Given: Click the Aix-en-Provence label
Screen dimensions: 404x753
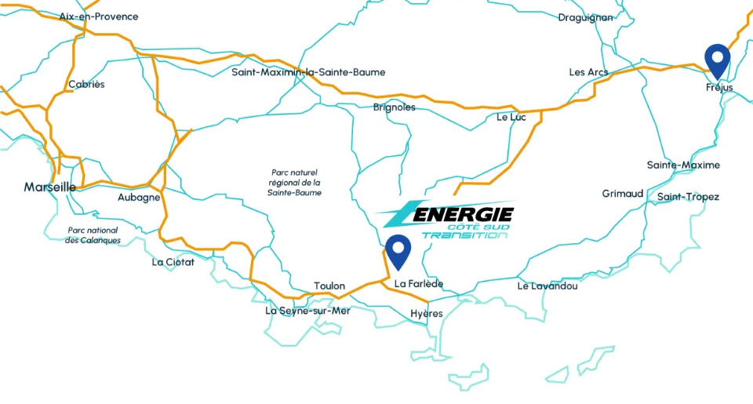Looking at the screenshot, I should coord(99,16).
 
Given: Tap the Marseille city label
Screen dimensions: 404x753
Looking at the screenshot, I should coord(49,187).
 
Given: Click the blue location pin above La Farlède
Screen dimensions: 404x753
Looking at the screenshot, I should coord(399,250).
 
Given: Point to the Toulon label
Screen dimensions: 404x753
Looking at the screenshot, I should coord(329,286).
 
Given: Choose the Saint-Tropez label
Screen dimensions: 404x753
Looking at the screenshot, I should coord(688,197).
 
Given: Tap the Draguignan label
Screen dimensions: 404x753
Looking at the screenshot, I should coord(585,17).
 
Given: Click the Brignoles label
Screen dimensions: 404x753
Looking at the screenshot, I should coord(395,107).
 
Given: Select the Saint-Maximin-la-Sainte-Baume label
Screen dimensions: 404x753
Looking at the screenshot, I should coord(308,72).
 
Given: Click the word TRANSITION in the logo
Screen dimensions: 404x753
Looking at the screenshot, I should coord(464,235).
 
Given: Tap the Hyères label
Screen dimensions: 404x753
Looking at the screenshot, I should coord(427,314).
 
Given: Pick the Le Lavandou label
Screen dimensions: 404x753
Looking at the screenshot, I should coord(547,286).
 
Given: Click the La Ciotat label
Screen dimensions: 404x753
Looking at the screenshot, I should coord(173,262).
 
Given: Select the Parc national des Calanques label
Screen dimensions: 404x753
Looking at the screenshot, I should coord(93,235).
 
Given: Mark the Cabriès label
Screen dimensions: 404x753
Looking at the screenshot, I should coord(86,84).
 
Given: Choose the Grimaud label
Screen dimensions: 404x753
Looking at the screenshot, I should coord(623,193).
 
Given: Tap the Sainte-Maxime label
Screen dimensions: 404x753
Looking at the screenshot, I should coord(683,165).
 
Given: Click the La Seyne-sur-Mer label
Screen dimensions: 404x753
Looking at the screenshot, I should coord(307,311).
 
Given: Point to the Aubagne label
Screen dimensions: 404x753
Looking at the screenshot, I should coord(139,198).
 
